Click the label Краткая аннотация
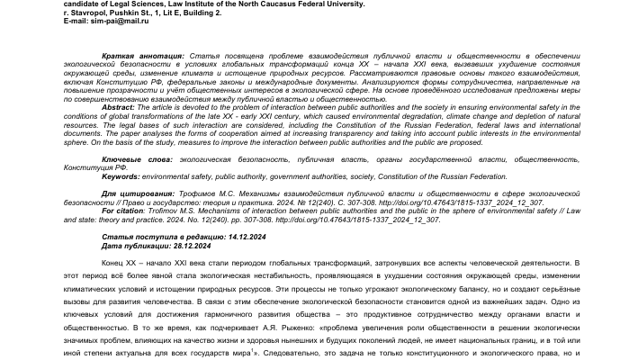[x=132, y=55]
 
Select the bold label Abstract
[x=118, y=106]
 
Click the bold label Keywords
[x=121, y=176]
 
